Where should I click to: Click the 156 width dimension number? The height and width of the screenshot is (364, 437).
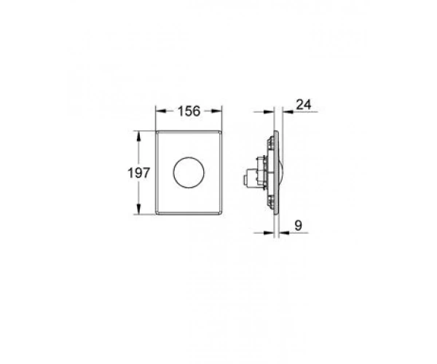[x=189, y=111]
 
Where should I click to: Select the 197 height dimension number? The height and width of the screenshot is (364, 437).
[x=139, y=173]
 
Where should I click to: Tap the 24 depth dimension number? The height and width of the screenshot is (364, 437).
[x=303, y=104]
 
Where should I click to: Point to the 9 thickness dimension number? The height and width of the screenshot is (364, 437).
[x=298, y=225]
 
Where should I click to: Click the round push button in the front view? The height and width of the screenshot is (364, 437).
[x=189, y=173]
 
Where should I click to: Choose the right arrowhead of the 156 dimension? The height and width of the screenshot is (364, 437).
[x=216, y=111]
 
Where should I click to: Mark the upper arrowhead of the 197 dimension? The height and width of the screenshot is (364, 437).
[x=138, y=136]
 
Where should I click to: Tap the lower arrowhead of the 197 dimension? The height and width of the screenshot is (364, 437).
[x=138, y=209]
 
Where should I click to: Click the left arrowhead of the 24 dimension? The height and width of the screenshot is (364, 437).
[x=268, y=111]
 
